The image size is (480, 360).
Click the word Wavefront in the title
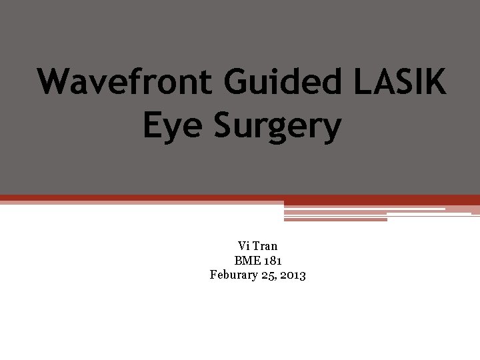(x=126, y=82)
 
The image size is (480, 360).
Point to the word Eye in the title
(x=173, y=126)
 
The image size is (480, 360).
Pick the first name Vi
(x=243, y=247)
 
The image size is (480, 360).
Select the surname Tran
(x=265, y=247)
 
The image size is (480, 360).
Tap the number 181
(x=271, y=261)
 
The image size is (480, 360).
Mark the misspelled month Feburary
(x=234, y=275)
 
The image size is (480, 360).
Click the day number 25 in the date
(x=269, y=275)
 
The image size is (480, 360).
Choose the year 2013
(x=293, y=275)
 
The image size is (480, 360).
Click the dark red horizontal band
(x=240, y=198)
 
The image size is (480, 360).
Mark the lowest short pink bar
(x=335, y=219)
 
